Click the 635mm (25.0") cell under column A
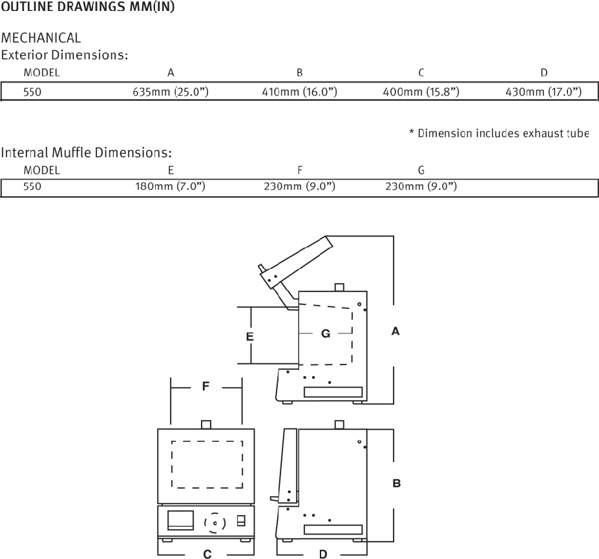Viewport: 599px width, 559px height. point(171,92)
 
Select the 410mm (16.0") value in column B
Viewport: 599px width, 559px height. point(300,92)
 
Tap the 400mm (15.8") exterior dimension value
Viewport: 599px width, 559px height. point(421,92)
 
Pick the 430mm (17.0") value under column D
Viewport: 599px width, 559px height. point(543,92)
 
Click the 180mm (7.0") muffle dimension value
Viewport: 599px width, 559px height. point(171,186)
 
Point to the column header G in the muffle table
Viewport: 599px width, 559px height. point(421,170)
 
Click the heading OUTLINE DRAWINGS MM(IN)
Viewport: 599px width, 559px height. point(87,6)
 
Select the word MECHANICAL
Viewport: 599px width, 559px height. point(41,38)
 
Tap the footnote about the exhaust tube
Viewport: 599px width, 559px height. point(499,133)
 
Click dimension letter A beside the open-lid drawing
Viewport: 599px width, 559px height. point(395,331)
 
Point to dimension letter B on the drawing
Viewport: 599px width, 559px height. point(397,483)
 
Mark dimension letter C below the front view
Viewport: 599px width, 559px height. point(207,554)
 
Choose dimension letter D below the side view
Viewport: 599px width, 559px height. point(323,554)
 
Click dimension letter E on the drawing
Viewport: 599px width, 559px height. point(249,337)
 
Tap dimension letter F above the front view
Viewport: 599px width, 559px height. point(205,386)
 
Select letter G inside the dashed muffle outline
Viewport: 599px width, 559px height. point(326,333)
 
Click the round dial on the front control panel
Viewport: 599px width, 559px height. point(215,523)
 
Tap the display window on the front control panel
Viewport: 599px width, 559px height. point(180,520)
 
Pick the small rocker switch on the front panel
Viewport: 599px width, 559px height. point(241,520)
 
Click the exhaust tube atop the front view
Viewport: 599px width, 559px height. point(206,425)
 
